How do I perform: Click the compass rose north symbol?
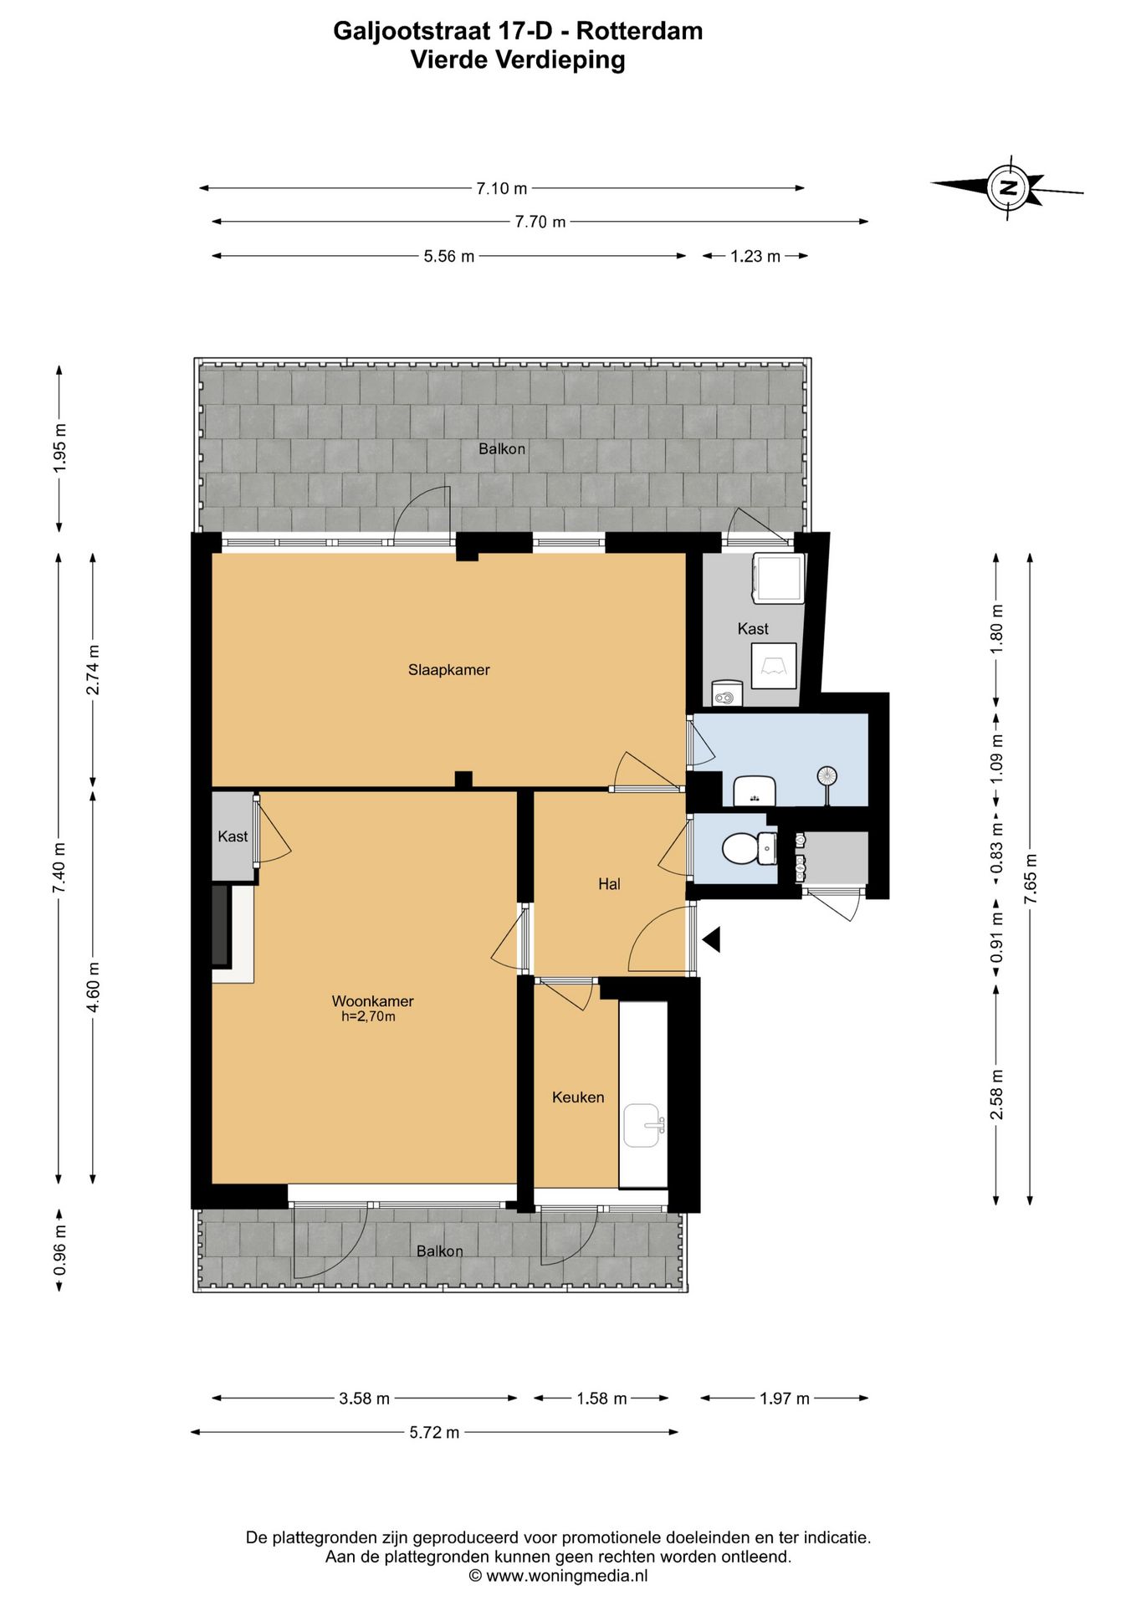[1008, 187]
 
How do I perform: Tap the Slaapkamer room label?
[448, 669]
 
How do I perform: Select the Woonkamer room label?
[372, 1001]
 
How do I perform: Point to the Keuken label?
[577, 1097]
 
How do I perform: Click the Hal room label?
[609, 883]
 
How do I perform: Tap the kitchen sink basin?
[643, 1125]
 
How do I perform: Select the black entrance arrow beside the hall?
[711, 940]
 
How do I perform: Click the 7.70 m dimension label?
[540, 222]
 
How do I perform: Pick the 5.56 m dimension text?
[449, 256]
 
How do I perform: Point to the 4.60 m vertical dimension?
[93, 987]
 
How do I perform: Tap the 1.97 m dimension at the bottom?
[785, 1398]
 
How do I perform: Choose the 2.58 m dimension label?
[995, 1094]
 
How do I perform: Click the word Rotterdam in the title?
[639, 31]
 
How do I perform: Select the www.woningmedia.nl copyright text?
[558, 1576]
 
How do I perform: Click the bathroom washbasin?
[755, 790]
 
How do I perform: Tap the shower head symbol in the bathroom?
[826, 777]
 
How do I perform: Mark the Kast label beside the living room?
[233, 836]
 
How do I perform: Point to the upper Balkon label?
[502, 448]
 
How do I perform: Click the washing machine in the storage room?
[778, 577]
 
